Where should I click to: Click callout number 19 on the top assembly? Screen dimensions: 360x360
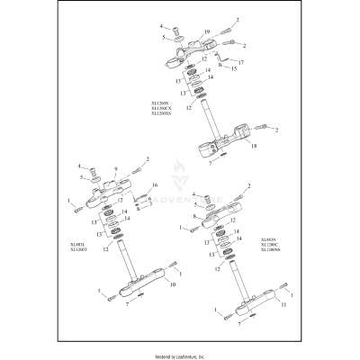(194, 31)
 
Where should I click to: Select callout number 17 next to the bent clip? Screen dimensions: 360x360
(241, 61)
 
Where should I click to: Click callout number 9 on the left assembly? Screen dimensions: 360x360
(116, 167)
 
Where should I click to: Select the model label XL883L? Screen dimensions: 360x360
(76, 243)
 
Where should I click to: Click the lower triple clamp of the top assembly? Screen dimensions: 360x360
(216, 146)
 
